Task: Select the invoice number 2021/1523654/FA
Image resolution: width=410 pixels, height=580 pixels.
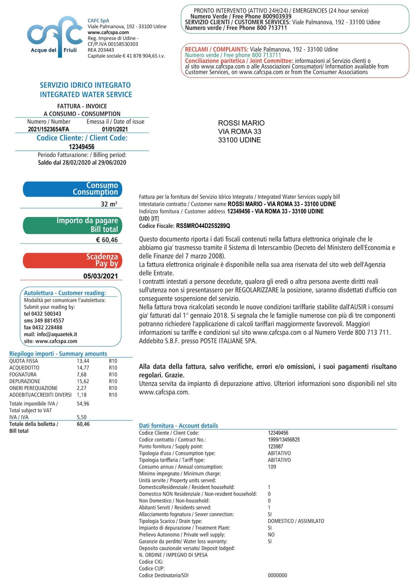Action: pyautogui.click(x=49, y=129)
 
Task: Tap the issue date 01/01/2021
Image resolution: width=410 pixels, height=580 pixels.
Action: pyautogui.click(x=115, y=129)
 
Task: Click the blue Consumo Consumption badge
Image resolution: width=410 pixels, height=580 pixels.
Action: pyautogui.click(x=72, y=189)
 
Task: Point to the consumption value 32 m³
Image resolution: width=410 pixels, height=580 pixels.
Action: pyautogui.click(x=109, y=204)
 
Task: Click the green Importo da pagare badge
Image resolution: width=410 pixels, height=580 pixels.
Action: pyautogui.click(x=72, y=225)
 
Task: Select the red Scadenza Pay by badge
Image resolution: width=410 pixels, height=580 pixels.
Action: pyautogui.click(x=72, y=260)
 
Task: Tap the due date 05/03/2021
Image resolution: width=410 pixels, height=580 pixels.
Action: pyautogui.click(x=100, y=276)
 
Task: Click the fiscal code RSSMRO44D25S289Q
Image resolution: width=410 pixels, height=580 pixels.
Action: pyautogui.click(x=203, y=226)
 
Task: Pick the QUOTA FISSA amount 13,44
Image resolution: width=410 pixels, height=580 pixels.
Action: pyautogui.click(x=83, y=361)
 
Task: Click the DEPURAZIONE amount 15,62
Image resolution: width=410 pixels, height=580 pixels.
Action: pyautogui.click(x=83, y=381)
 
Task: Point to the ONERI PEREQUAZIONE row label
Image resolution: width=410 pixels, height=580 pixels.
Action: pyautogui.click(x=33, y=388)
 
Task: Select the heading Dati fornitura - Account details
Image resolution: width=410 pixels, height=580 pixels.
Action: pyautogui.click(x=178, y=426)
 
